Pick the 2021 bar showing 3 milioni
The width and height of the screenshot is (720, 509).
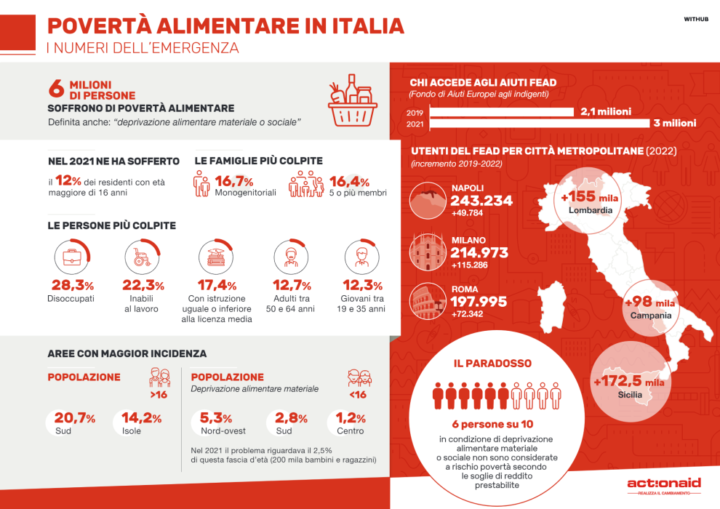(539, 124)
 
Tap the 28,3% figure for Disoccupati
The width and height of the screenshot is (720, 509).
(71, 285)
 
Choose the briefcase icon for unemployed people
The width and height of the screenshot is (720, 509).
(71, 257)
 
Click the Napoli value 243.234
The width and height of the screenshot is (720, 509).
(481, 201)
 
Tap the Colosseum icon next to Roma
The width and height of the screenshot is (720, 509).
(428, 301)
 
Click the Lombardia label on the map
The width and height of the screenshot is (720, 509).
(591, 210)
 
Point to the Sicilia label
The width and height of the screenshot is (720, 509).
(630, 395)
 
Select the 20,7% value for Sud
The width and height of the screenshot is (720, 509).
(75, 418)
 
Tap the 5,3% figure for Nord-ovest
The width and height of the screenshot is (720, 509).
(215, 418)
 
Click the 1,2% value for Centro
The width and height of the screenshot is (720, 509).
(351, 418)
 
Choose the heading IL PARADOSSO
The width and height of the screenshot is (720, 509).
(492, 363)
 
